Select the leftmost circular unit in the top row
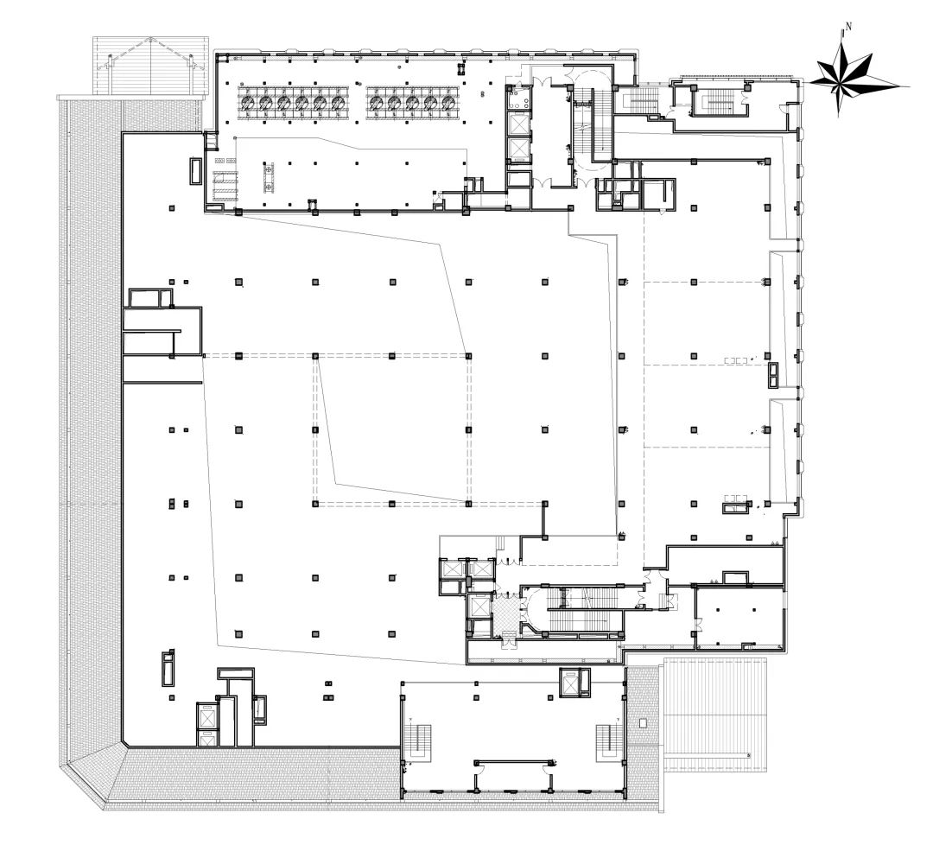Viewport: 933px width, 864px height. (248, 103)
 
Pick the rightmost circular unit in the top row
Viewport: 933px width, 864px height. (447, 103)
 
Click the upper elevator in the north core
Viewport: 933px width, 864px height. (518, 123)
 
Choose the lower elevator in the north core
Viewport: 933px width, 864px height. (518, 149)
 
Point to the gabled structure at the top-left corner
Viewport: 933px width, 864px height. (151, 65)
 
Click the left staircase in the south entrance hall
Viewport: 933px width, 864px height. (422, 740)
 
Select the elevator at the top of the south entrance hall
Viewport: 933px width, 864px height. (572, 683)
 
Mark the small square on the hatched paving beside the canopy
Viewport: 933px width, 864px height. (642, 722)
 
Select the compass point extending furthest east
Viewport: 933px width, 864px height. (907, 86)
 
